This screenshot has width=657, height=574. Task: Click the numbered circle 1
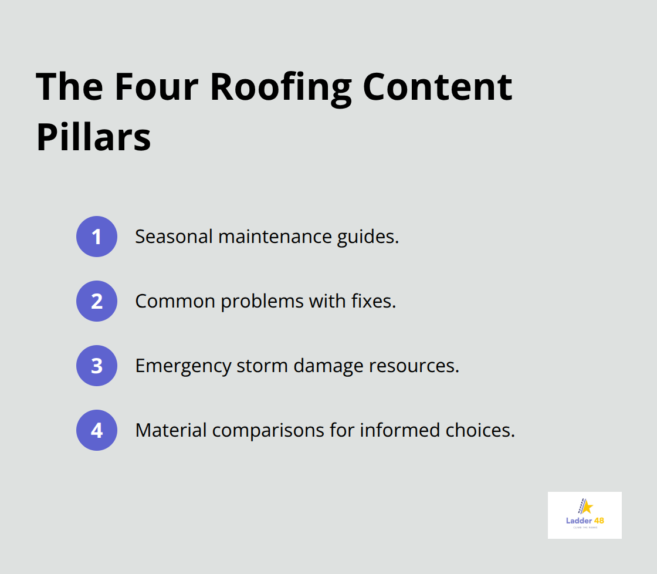tap(97, 237)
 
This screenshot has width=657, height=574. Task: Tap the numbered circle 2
tap(97, 301)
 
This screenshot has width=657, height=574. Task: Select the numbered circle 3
tap(97, 366)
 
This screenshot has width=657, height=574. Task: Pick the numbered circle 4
tap(97, 430)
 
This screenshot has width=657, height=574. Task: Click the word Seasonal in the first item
tap(174, 237)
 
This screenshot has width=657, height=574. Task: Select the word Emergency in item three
tap(182, 366)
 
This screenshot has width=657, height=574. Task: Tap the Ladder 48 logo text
tap(584, 520)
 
